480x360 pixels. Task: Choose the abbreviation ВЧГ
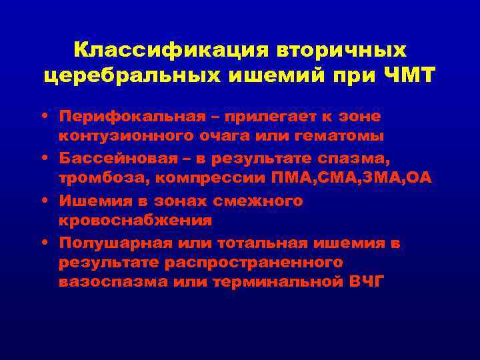[367, 281]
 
